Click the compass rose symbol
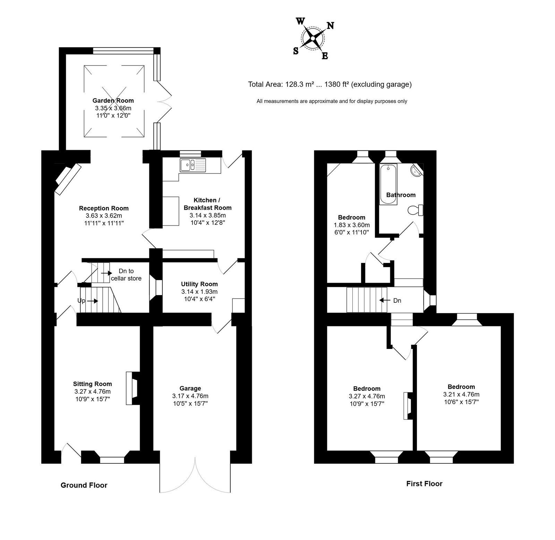click(x=313, y=38)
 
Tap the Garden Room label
click(x=113, y=101)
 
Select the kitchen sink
click(x=193, y=165)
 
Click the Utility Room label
click(x=199, y=284)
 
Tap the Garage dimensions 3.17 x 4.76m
click(x=190, y=396)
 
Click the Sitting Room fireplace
click(x=133, y=388)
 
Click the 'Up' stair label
click(x=81, y=301)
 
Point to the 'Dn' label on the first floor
click(x=397, y=300)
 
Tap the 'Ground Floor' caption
click(x=84, y=485)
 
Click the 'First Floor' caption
click(x=424, y=483)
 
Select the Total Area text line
click(x=330, y=84)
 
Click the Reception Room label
click(x=104, y=208)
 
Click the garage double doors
click(x=195, y=475)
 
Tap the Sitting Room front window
click(x=112, y=460)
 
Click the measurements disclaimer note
click(x=332, y=101)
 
